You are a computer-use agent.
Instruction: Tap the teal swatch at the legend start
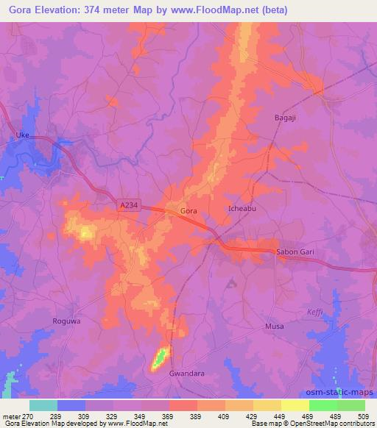(43, 405)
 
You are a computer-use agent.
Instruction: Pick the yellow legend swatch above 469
(295, 405)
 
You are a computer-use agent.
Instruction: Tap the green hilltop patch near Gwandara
(159, 360)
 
